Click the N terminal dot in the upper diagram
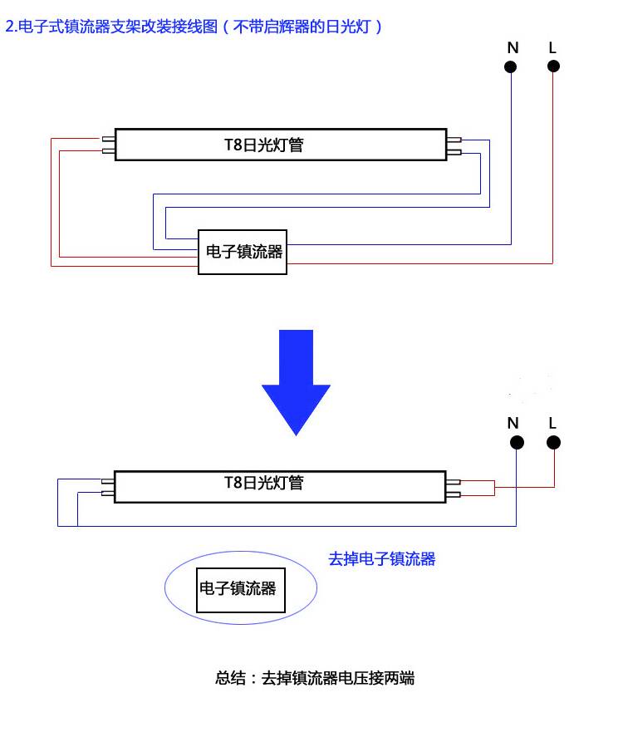(513, 66)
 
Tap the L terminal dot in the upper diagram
(553, 66)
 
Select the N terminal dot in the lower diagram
(516, 443)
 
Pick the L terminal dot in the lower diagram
(553, 443)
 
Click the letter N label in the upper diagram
(513, 47)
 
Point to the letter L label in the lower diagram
(552, 423)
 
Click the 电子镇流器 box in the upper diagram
(242, 252)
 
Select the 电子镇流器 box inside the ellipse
(238, 589)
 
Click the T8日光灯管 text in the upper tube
(264, 145)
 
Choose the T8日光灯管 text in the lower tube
(264, 482)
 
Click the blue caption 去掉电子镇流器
(382, 559)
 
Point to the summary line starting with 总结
(314, 678)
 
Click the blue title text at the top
(194, 27)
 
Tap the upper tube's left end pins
(107, 145)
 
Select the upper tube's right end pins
(454, 145)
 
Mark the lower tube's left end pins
(107, 486)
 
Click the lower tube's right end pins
(454, 488)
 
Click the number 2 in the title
(9, 27)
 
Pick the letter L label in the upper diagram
(552, 47)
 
